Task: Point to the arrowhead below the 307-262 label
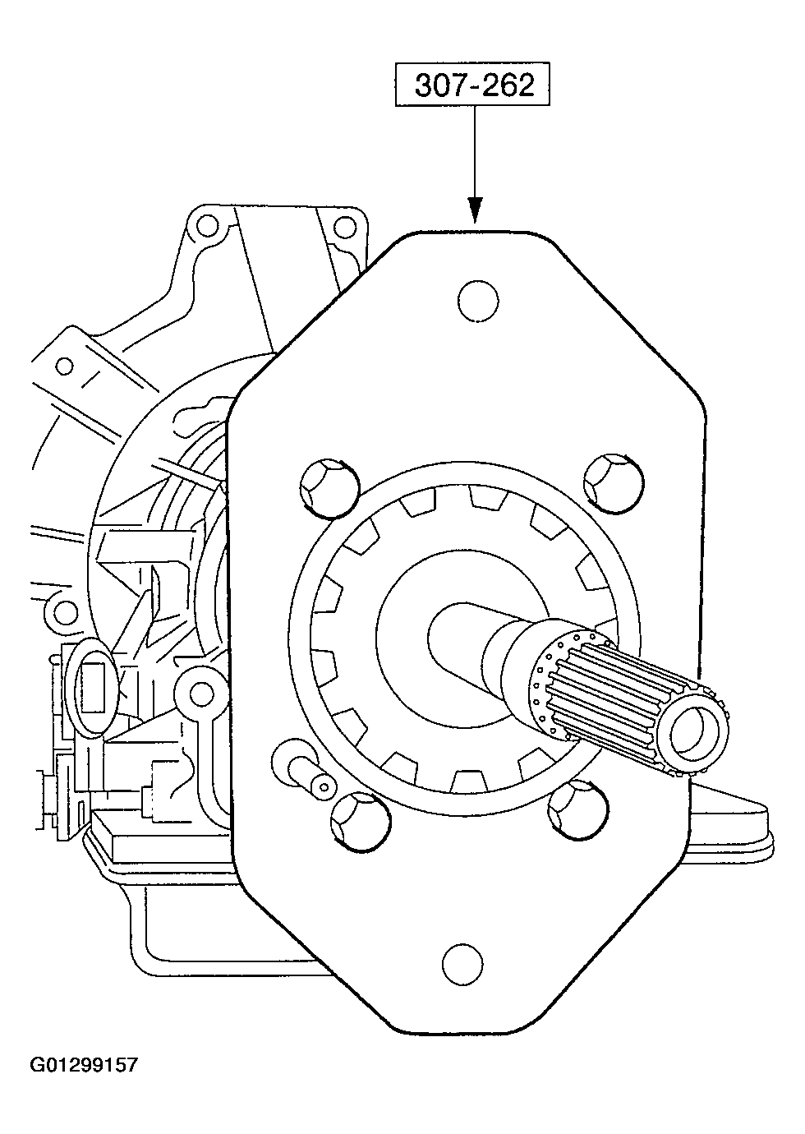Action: coord(475,210)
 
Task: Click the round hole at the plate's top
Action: coord(477,301)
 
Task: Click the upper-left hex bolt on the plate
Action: coord(330,488)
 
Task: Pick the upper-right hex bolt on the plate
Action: coord(614,483)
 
